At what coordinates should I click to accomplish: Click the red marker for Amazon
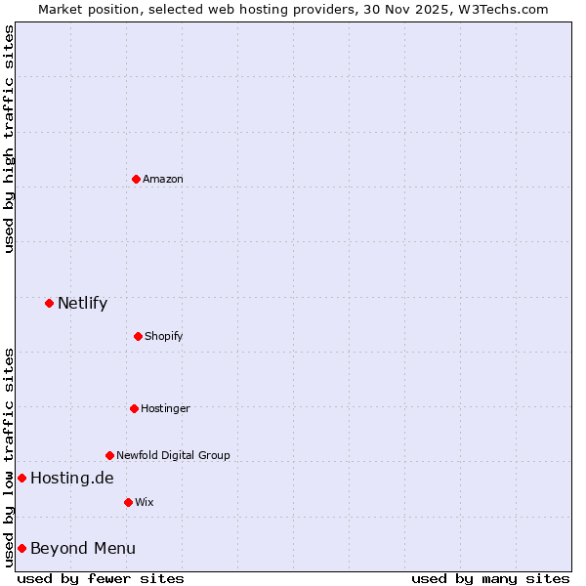click(x=136, y=179)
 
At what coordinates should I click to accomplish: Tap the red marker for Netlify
click(x=49, y=303)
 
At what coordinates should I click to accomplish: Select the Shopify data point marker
click(x=138, y=336)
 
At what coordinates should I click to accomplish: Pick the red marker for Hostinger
click(x=134, y=408)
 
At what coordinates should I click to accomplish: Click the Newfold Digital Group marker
click(x=109, y=455)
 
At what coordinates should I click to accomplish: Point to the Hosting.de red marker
click(x=21, y=478)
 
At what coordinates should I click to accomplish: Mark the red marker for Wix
click(x=128, y=502)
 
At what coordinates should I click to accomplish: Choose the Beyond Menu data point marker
click(x=21, y=548)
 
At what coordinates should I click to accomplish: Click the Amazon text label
click(x=162, y=179)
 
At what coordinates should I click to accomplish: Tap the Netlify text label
click(x=82, y=303)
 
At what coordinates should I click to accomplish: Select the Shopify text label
click(x=163, y=336)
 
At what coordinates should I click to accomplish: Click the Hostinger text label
click(x=165, y=408)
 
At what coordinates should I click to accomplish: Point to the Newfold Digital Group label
click(x=173, y=455)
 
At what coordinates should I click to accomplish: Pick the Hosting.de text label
click(x=71, y=478)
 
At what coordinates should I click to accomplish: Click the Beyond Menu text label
click(x=83, y=548)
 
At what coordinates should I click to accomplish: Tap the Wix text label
click(x=144, y=502)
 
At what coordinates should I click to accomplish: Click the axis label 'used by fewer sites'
click(x=101, y=578)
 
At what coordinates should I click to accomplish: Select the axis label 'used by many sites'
click(x=490, y=578)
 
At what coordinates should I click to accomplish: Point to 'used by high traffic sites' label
click(x=9, y=139)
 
